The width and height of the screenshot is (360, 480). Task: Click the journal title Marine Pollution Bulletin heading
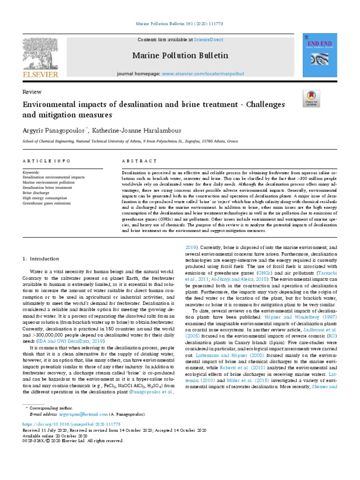click(180, 56)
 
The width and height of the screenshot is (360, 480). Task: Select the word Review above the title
click(32, 92)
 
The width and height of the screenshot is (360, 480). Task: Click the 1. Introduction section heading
click(41, 259)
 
